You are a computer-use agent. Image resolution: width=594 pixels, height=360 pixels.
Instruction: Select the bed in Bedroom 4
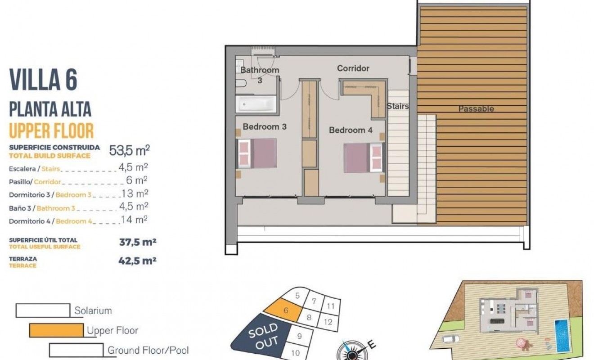(363, 157)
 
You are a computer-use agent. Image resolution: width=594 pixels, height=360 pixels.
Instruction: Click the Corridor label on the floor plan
(353, 68)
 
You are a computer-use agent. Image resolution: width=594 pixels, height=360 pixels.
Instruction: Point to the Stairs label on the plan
(398, 106)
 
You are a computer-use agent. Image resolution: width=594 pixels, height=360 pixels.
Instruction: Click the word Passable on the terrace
(476, 109)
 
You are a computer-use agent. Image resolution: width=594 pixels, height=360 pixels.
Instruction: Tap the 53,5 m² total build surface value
(130, 150)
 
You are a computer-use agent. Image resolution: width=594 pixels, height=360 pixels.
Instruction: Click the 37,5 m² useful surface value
(137, 242)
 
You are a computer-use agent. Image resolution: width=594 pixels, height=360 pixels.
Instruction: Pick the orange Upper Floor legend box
(56, 330)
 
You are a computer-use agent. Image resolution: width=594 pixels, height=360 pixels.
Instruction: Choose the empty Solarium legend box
(43, 310)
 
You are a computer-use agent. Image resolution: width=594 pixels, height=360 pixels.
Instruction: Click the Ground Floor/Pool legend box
(76, 350)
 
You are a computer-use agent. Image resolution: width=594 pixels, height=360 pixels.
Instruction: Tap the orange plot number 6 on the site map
(286, 310)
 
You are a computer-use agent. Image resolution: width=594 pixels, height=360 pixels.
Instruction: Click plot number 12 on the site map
(328, 322)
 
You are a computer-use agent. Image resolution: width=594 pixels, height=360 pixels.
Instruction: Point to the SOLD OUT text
(264, 336)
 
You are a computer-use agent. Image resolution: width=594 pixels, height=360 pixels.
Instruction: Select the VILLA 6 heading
(43, 80)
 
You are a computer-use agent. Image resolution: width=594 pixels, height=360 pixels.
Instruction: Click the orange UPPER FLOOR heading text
(51, 130)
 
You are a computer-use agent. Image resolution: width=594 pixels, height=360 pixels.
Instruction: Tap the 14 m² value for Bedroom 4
(135, 220)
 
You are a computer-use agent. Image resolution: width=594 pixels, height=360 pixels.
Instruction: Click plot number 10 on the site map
(295, 353)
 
